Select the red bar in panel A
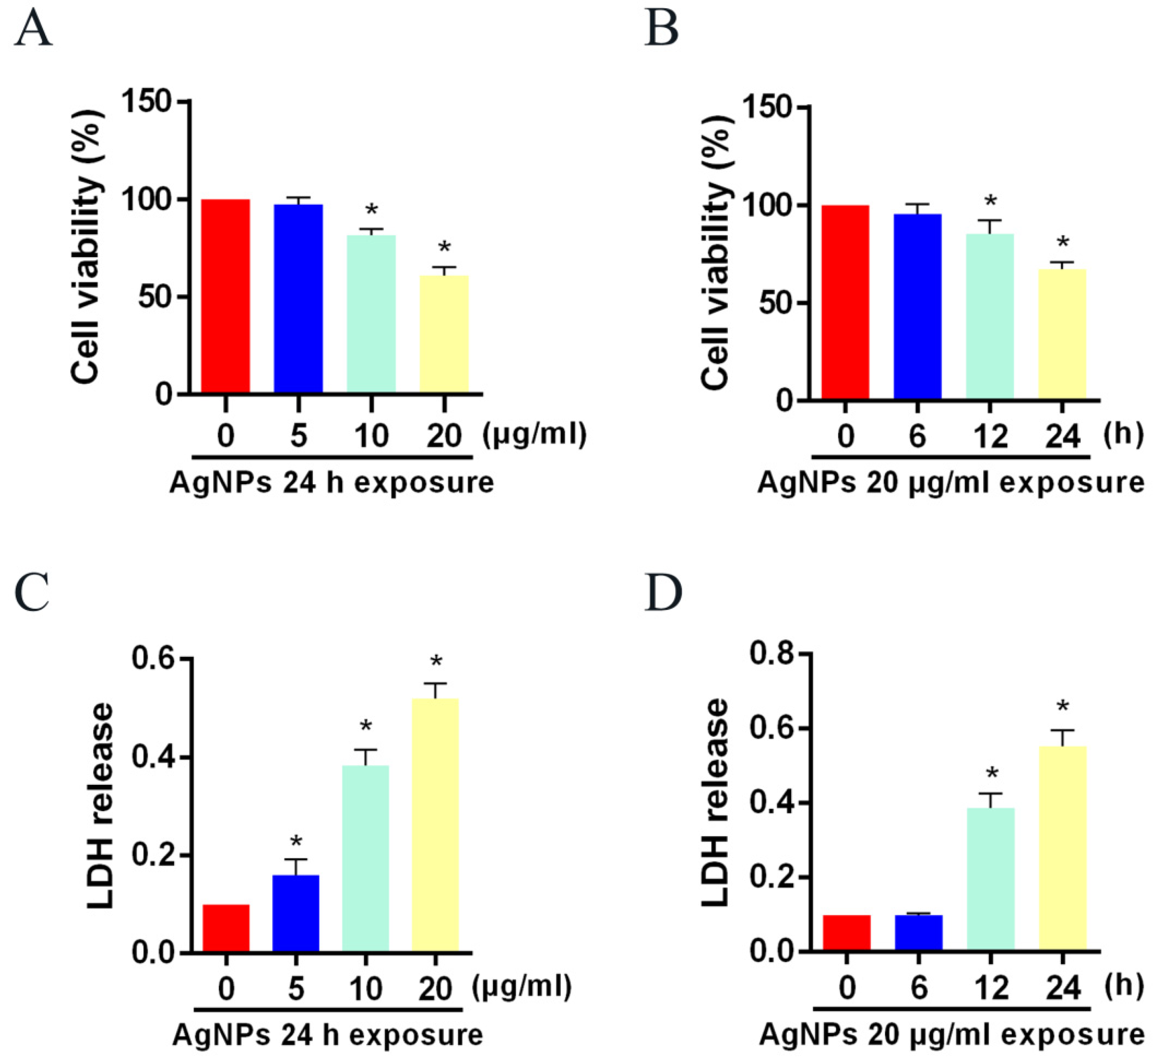pos(225,296)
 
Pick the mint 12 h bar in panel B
pos(990,317)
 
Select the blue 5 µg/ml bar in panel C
pos(296,913)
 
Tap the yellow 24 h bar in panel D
pos(1062,849)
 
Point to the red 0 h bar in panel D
pos(847,933)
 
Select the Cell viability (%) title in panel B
pos(715,252)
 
